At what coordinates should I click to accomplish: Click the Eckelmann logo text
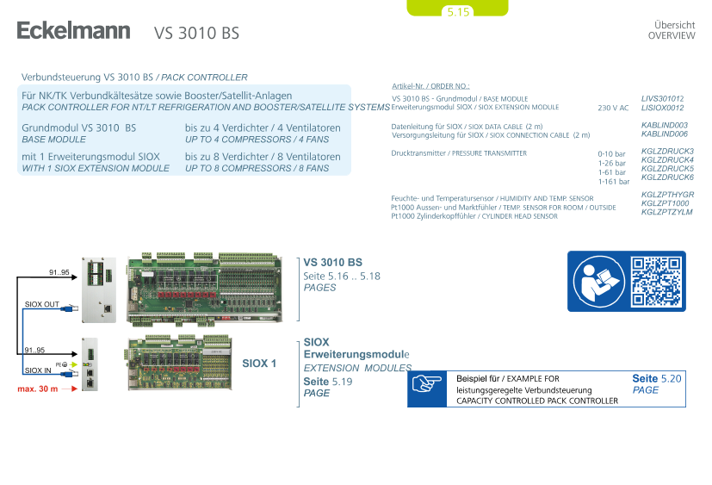[x=73, y=32]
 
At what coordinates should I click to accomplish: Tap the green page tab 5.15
[x=457, y=11]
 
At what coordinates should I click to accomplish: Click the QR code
[x=655, y=281]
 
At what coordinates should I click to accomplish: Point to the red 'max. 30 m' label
[x=38, y=389]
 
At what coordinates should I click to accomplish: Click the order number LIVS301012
[x=662, y=99]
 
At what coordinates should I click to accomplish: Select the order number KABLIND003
[x=664, y=126]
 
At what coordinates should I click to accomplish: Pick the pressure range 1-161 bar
[x=612, y=181]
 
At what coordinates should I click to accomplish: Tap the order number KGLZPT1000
[x=665, y=203]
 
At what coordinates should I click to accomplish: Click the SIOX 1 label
[x=258, y=364]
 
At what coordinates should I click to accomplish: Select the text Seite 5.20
[x=656, y=378]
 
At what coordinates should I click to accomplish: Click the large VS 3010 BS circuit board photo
[x=204, y=289]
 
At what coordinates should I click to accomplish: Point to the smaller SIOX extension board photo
[x=177, y=363]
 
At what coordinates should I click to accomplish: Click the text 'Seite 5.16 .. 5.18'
[x=342, y=276]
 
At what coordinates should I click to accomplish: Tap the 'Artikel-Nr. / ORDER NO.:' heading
[x=430, y=86]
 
